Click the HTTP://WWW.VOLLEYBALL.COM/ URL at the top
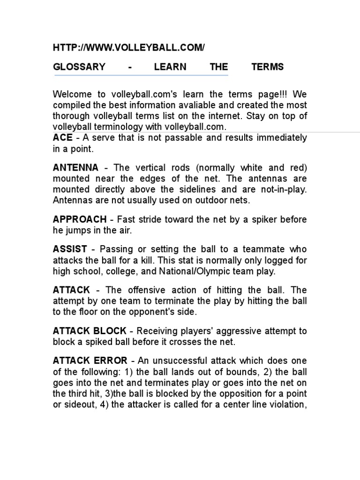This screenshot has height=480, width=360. tap(129, 48)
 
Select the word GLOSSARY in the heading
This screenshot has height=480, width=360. tap(79, 67)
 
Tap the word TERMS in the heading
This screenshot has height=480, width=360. tap(267, 67)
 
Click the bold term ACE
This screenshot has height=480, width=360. tap(63, 138)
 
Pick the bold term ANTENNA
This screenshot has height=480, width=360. tap(76, 167)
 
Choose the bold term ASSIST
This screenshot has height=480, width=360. tap(70, 249)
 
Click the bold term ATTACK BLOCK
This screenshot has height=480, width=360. tap(90, 331)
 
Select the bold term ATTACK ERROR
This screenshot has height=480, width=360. tap(90, 360)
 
